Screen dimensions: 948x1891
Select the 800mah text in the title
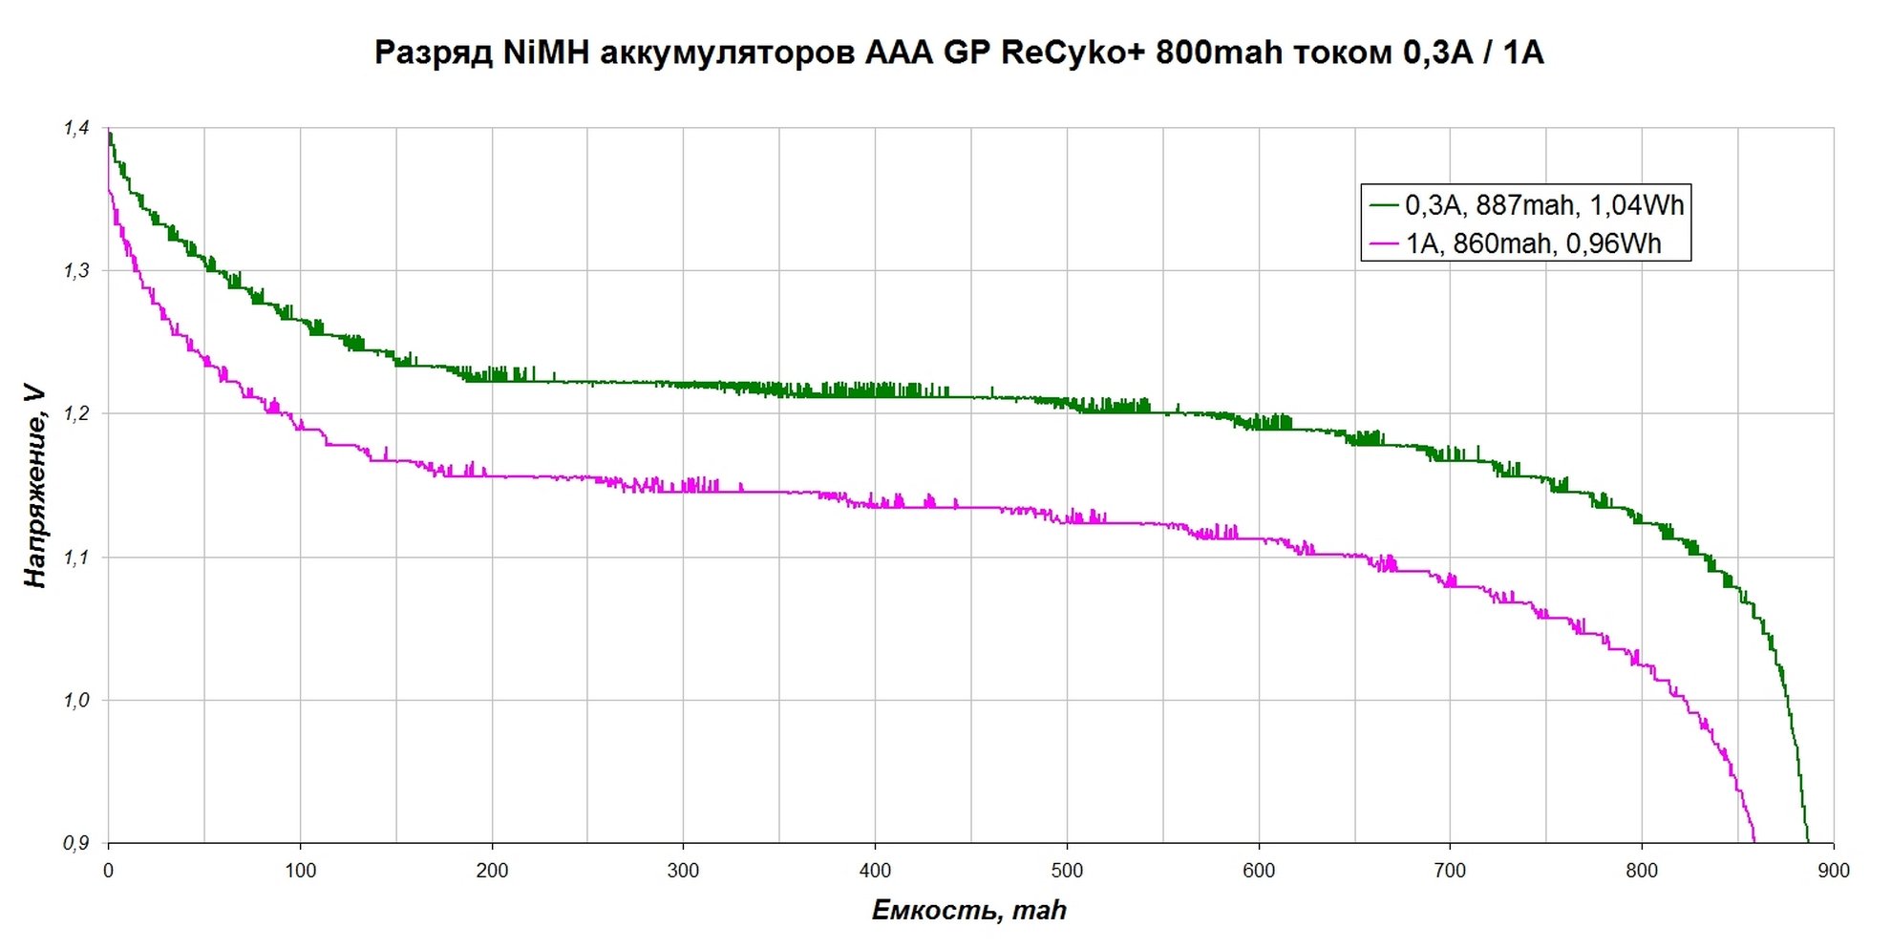(x=1219, y=53)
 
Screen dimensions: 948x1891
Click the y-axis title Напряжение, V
(x=34, y=486)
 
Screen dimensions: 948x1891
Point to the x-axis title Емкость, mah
(x=968, y=910)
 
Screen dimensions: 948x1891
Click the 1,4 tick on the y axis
(x=76, y=128)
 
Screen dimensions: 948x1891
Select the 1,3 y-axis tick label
(x=76, y=271)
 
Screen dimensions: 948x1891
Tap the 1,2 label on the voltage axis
(x=76, y=413)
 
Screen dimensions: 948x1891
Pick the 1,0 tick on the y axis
(x=76, y=700)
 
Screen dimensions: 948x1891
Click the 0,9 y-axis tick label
(x=76, y=843)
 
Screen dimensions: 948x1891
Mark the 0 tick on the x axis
(x=108, y=871)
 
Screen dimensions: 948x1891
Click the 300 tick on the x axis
(x=683, y=871)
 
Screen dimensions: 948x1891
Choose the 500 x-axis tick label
(x=1067, y=871)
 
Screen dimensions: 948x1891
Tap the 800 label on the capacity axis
(x=1642, y=871)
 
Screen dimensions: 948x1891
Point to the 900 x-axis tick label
(x=1834, y=871)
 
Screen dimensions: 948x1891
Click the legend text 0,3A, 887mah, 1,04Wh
(x=1543, y=205)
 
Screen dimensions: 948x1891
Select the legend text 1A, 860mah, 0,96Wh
(x=1533, y=244)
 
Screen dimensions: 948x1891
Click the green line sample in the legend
(x=1384, y=205)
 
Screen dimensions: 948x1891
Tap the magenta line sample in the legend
(x=1384, y=244)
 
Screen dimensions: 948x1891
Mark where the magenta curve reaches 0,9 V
(x=1754, y=841)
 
